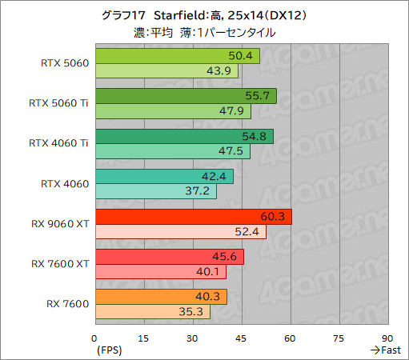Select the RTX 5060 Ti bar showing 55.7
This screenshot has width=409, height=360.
click(185, 96)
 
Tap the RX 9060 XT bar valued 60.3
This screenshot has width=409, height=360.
click(192, 217)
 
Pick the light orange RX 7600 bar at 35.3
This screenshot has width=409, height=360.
click(152, 312)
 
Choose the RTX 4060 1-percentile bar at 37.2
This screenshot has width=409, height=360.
click(155, 191)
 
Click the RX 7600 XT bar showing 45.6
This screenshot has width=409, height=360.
click(169, 257)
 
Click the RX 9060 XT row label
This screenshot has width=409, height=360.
click(58, 224)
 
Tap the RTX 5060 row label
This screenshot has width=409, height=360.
click(64, 63)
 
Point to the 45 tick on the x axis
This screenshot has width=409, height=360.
click(241, 338)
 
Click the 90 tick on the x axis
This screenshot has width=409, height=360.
click(387, 338)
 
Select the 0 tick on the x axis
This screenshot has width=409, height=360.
click(94, 338)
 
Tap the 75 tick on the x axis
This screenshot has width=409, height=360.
click(339, 338)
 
